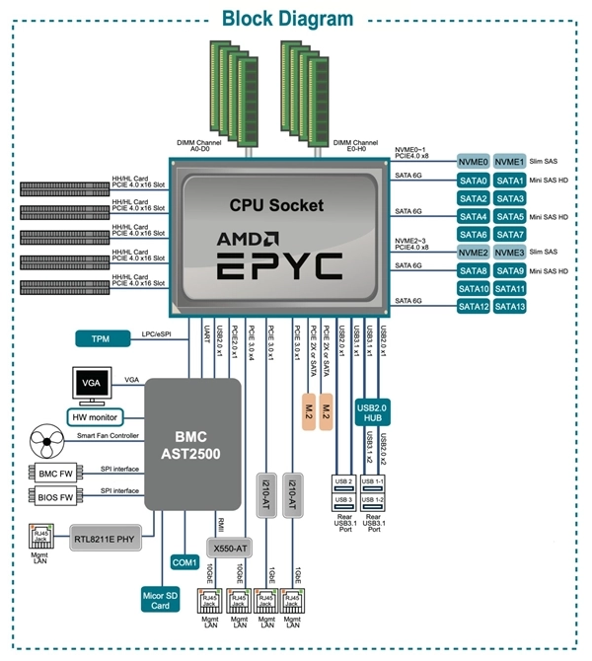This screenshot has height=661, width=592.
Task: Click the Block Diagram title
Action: (286, 18)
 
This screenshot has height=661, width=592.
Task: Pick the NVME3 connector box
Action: (510, 253)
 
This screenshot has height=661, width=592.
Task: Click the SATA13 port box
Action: (510, 306)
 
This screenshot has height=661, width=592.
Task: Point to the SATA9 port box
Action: (510, 270)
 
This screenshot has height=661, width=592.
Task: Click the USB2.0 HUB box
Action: (376, 412)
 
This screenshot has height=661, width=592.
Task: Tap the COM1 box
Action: (185, 561)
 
